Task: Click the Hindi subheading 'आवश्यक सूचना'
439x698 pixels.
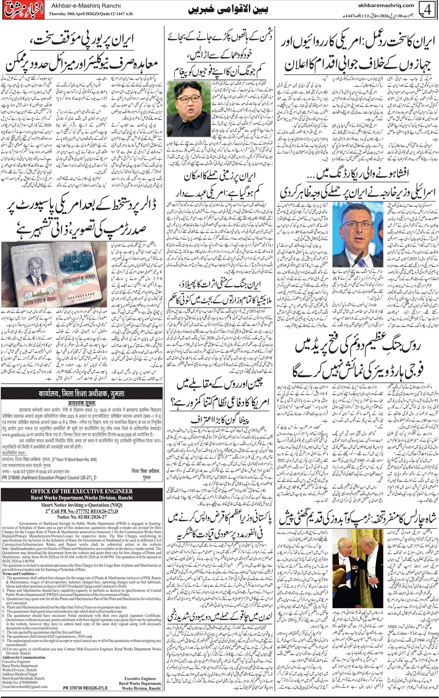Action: pos(81,401)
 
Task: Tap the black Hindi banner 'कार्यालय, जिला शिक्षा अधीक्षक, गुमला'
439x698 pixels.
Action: pos(81,392)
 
